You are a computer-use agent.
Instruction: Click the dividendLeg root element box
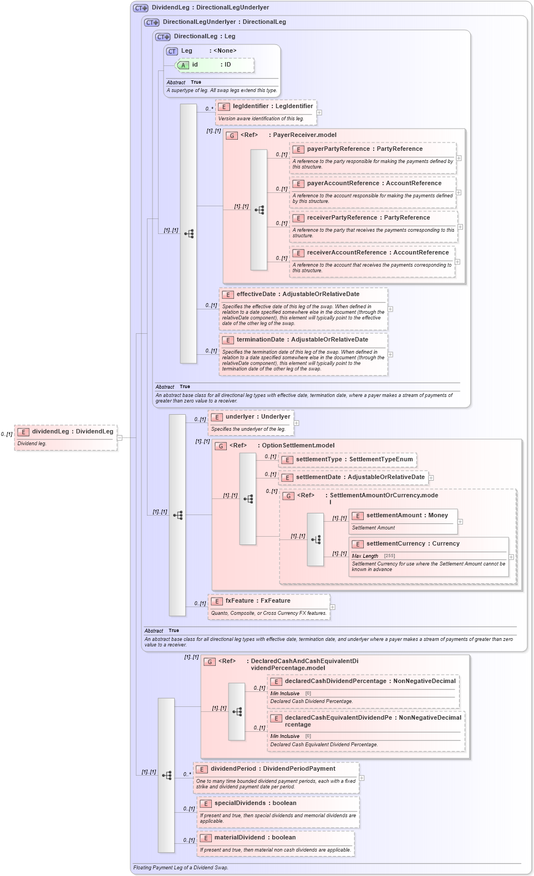pyautogui.click(x=66, y=437)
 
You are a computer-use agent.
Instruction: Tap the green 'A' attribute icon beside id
pyautogui.click(x=183, y=65)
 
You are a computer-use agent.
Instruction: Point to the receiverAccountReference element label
pyautogui.click(x=378, y=252)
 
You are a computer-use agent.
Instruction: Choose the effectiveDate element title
pyautogui.click(x=298, y=294)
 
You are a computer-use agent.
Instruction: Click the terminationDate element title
pyautogui.click(x=302, y=339)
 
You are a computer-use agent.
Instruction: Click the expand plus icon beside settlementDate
pyautogui.click(x=431, y=477)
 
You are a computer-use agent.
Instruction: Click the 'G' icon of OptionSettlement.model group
pyautogui.click(x=221, y=446)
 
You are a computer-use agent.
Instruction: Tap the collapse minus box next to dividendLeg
pyautogui.click(x=119, y=437)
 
